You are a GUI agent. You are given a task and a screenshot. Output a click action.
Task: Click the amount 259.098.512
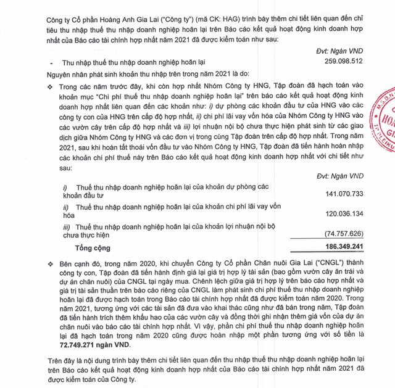coord(344,62)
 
